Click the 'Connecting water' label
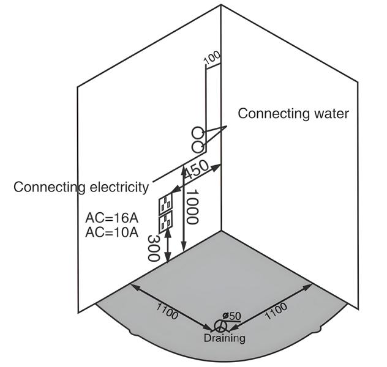tap(293, 113)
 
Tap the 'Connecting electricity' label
tap(81, 187)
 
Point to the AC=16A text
tap(111, 218)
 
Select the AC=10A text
tap(111, 233)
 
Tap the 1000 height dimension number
tap(192, 207)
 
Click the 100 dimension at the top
tap(211, 58)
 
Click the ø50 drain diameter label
tap(232, 316)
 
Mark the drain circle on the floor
tap(219, 325)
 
